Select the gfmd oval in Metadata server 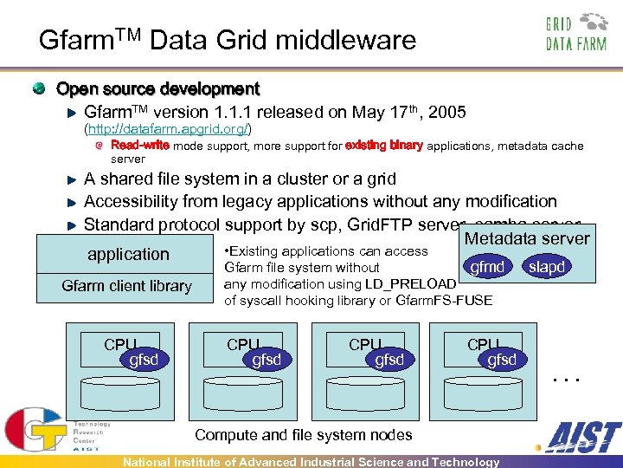click(487, 267)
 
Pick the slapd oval click(547, 267)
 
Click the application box click(128, 254)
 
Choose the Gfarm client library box click(127, 286)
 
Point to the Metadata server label click(527, 238)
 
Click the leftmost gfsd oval click(143, 360)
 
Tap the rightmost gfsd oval click(502, 360)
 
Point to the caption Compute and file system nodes click(304, 435)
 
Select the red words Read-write click(140, 146)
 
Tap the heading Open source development click(157, 88)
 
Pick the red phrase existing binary click(384, 146)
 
